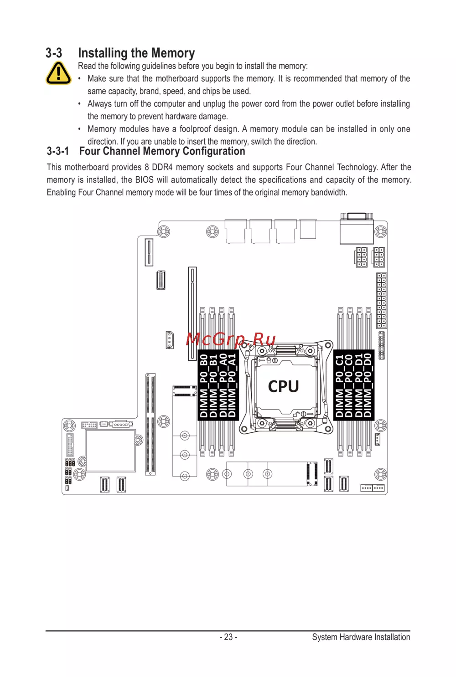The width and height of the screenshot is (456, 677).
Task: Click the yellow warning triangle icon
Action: (x=58, y=73)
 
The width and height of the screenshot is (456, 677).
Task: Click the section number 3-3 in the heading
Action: (x=54, y=53)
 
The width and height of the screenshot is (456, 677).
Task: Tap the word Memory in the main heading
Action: (x=173, y=53)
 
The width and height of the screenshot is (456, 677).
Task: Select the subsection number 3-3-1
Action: (x=58, y=151)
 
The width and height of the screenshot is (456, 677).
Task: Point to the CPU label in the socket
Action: (x=283, y=386)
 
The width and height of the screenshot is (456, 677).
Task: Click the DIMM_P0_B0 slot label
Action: (x=203, y=385)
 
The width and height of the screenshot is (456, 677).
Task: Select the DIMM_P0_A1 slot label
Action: (x=233, y=385)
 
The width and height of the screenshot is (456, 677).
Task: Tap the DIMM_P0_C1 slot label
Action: (x=339, y=385)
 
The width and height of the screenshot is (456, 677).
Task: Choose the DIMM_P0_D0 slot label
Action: (x=368, y=385)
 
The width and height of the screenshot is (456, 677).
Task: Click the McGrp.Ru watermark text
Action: (x=231, y=339)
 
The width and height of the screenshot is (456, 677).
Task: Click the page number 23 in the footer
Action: (x=228, y=637)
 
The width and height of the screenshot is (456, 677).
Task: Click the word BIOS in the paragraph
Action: (x=144, y=180)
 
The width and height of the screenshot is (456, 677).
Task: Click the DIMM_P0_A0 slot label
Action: (x=223, y=385)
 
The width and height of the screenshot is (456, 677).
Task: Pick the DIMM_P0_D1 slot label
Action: (x=359, y=385)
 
